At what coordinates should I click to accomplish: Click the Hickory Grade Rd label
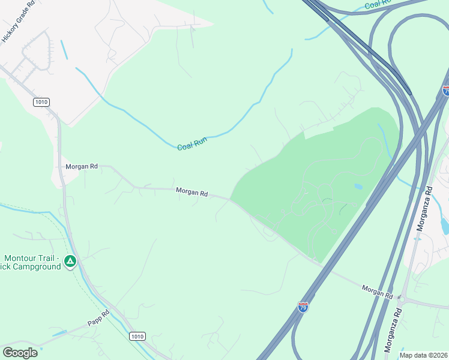point(19,21)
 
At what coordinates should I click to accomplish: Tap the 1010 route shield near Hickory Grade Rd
point(41,102)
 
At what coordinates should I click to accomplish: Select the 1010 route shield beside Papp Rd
point(137,337)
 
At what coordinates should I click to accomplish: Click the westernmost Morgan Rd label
point(82,166)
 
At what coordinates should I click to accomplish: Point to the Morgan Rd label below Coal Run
point(192,193)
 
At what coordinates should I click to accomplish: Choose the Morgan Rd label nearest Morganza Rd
point(377,292)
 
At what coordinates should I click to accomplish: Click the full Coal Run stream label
point(192,144)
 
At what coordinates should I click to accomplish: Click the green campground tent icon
point(70,261)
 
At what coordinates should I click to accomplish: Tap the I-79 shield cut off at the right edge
point(445,91)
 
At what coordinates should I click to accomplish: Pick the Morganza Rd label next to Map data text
point(391,335)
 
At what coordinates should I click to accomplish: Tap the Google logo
point(20,352)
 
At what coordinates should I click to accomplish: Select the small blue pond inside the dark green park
point(358,187)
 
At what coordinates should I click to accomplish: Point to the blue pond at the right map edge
point(444,225)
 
